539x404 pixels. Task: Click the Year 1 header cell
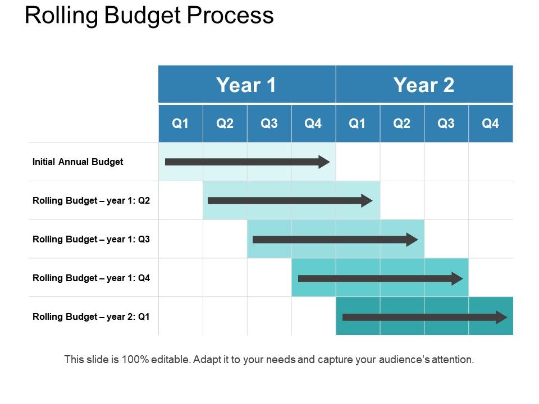tap(246, 85)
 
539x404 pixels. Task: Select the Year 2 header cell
tap(424, 85)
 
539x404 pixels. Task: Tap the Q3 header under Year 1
tap(269, 123)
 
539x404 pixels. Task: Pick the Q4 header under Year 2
tap(490, 123)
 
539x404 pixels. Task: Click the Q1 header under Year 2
tap(357, 123)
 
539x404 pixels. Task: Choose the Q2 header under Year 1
tap(225, 123)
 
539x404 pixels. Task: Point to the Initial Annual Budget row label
tap(77, 162)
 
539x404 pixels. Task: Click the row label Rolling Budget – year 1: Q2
tap(92, 201)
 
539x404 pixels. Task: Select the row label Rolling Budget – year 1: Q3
tap(92, 240)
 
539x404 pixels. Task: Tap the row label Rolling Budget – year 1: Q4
tap(92, 278)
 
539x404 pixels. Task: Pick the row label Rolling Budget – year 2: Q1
tap(92, 317)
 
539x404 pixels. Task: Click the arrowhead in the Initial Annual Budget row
tap(324, 162)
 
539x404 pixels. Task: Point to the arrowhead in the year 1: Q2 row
tap(367, 201)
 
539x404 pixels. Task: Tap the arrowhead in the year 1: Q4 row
tap(457, 278)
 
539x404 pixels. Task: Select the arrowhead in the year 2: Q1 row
tap(501, 317)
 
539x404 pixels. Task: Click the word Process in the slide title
tap(230, 16)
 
